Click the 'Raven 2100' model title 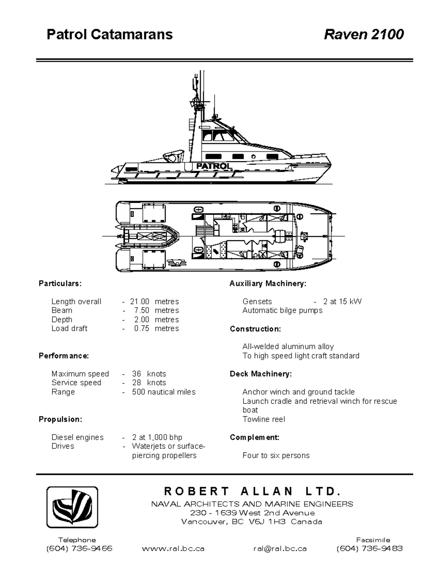[364, 34]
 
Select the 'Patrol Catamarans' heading [109, 34]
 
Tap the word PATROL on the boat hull [214, 166]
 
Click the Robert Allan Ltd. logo [72, 507]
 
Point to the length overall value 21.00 [140, 302]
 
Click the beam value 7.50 [142, 311]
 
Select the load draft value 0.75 [142, 328]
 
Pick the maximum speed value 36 [136, 374]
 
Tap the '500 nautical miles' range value [164, 392]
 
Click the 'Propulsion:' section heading [60, 419]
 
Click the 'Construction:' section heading [255, 329]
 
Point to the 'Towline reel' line [263, 419]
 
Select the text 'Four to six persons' [276, 455]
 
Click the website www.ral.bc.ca [173, 549]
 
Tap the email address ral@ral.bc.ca [280, 549]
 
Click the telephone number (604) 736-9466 [79, 549]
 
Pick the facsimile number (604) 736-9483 [369, 549]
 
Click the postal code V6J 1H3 [267, 522]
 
